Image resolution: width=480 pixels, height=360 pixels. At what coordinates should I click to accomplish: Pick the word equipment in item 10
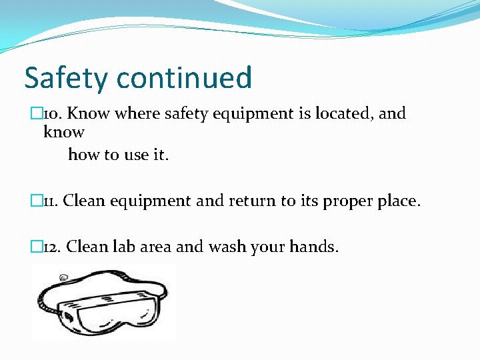point(247,115)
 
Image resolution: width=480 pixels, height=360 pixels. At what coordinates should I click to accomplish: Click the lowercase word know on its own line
point(64,132)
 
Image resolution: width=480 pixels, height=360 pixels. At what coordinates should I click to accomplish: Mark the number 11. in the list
point(50,201)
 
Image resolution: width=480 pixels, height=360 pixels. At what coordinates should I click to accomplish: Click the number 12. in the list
point(51,247)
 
